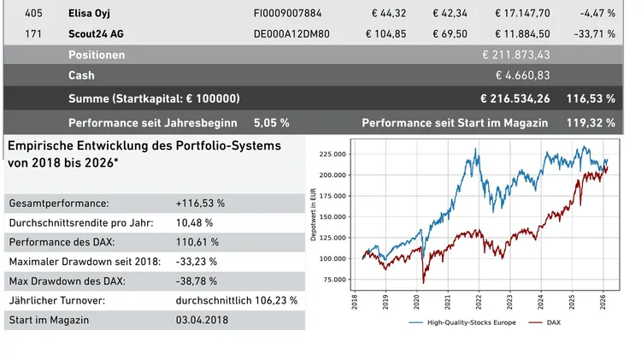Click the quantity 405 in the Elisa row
(x=34, y=13)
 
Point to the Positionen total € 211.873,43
(x=516, y=55)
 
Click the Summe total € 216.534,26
(x=515, y=98)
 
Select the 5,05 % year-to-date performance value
(x=272, y=122)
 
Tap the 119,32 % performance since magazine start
(x=591, y=122)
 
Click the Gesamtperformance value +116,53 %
(x=200, y=204)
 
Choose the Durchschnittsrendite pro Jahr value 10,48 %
(x=196, y=222)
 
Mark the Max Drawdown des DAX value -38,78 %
(x=197, y=280)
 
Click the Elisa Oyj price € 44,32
(x=389, y=13)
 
